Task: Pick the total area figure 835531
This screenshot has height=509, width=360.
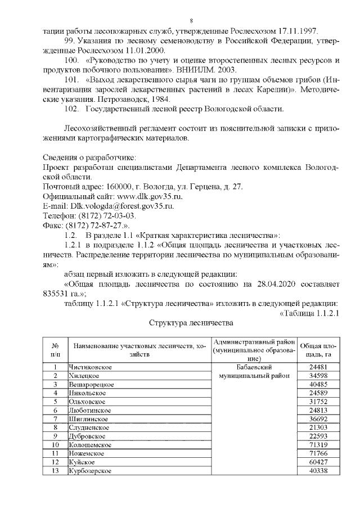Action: [58, 293]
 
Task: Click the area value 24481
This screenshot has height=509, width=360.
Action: [319, 367]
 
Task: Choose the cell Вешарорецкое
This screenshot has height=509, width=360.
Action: [92, 384]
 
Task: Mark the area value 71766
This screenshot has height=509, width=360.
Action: [319, 453]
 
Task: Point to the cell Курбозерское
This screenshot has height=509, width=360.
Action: [90, 470]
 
